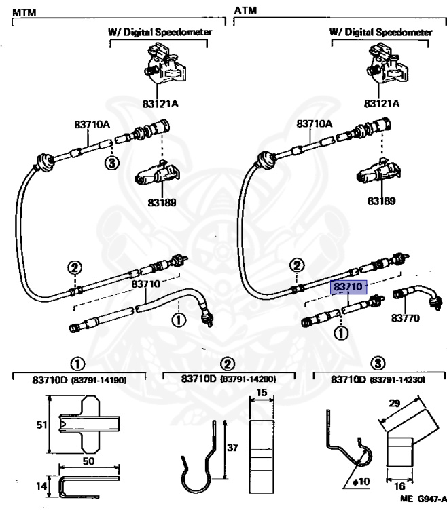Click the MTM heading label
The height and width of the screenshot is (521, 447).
coord(24,12)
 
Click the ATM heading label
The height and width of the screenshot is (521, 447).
coord(245,10)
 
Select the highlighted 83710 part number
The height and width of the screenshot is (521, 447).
coord(348,287)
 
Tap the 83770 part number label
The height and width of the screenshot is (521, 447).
coord(405,318)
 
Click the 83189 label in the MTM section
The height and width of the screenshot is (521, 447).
coord(162,202)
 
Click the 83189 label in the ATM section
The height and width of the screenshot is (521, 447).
coord(381,201)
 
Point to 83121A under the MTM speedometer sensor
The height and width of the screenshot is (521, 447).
coord(160,104)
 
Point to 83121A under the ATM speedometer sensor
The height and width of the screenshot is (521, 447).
coord(381,103)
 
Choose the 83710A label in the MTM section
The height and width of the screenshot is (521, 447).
coord(92,124)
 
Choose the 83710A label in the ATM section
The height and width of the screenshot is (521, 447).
coord(315,123)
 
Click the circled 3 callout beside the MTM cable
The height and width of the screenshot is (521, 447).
coord(112,163)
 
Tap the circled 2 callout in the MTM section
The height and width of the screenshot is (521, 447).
coord(75,267)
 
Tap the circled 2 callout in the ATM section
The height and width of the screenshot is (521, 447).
coord(297,265)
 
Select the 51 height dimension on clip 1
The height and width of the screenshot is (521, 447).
coord(41,425)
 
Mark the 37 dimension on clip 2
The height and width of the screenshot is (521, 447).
coord(232,448)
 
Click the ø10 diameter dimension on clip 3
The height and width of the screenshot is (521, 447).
coord(361,481)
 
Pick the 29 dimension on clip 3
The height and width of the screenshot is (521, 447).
coord(394,403)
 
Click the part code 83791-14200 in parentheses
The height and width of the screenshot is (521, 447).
coord(249,379)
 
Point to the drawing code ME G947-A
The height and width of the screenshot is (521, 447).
coord(423,499)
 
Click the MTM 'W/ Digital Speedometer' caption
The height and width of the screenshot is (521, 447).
coord(160,32)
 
